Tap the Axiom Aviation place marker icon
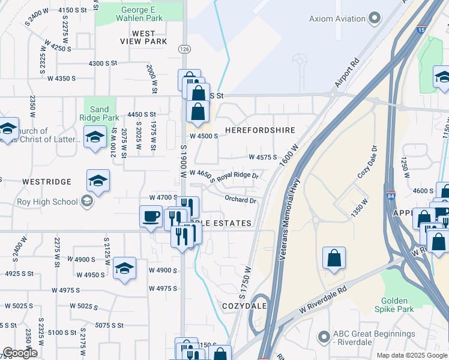(x=376, y=18)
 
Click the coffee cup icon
(x=151, y=215)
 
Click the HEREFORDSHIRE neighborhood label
(x=260, y=130)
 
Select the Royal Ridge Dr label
(x=237, y=176)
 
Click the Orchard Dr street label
(x=241, y=199)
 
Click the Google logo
(x=20, y=353)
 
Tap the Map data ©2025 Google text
(x=411, y=355)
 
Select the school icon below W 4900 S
(x=124, y=268)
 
